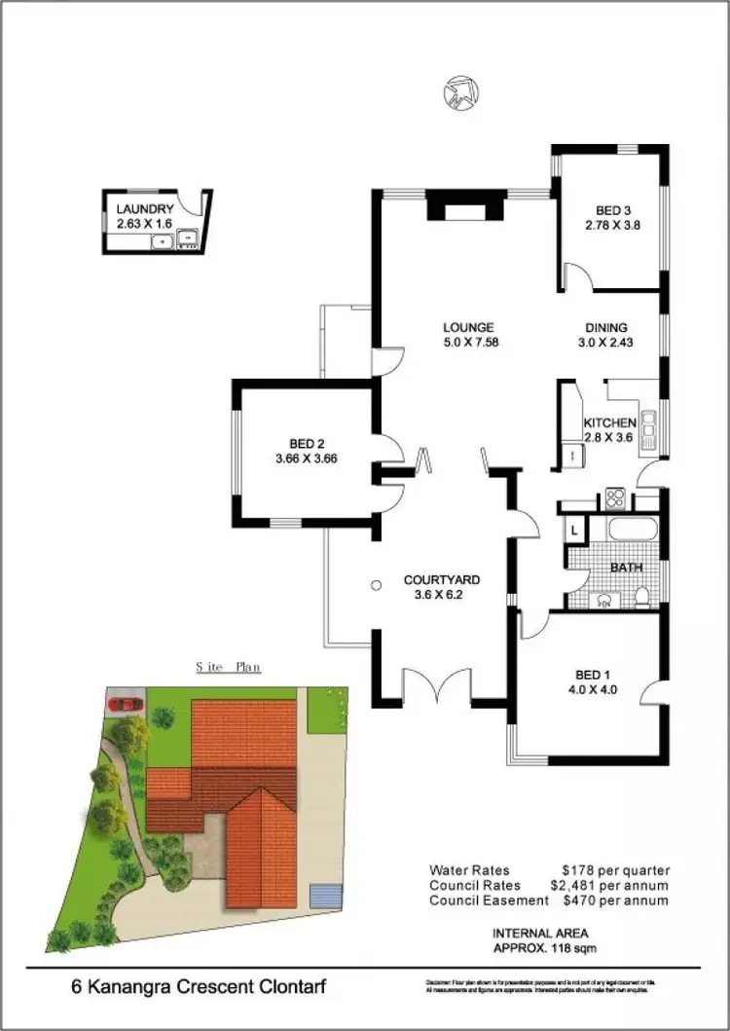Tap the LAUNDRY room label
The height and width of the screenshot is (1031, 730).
[145, 208]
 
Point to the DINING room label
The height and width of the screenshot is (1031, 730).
[605, 327]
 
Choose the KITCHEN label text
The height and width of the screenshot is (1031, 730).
[609, 423]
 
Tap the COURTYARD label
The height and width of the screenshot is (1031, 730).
[442, 580]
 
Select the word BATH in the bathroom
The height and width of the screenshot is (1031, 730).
[625, 567]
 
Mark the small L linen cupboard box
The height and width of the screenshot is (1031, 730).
[574, 531]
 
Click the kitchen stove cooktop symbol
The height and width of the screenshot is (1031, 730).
[615, 498]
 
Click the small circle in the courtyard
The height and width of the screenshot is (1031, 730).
[377, 586]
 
